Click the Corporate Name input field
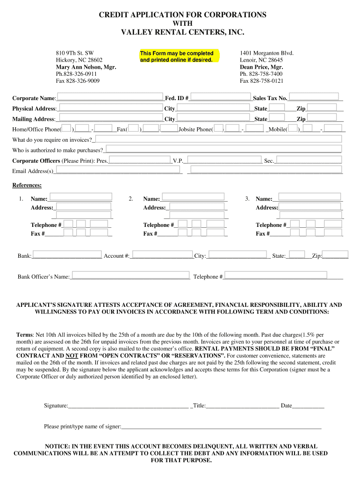tap(109, 97)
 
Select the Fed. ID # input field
tap(220, 97)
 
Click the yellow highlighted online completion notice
tap(177, 57)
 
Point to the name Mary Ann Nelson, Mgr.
tap(86, 67)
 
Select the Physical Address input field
tap(110, 108)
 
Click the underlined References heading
tap(27, 185)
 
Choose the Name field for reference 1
tap(80, 197)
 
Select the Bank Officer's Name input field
tap(130, 276)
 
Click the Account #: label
tap(116, 256)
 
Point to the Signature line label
tap(56, 406)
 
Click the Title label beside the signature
tap(199, 406)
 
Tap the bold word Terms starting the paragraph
tap(24, 335)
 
